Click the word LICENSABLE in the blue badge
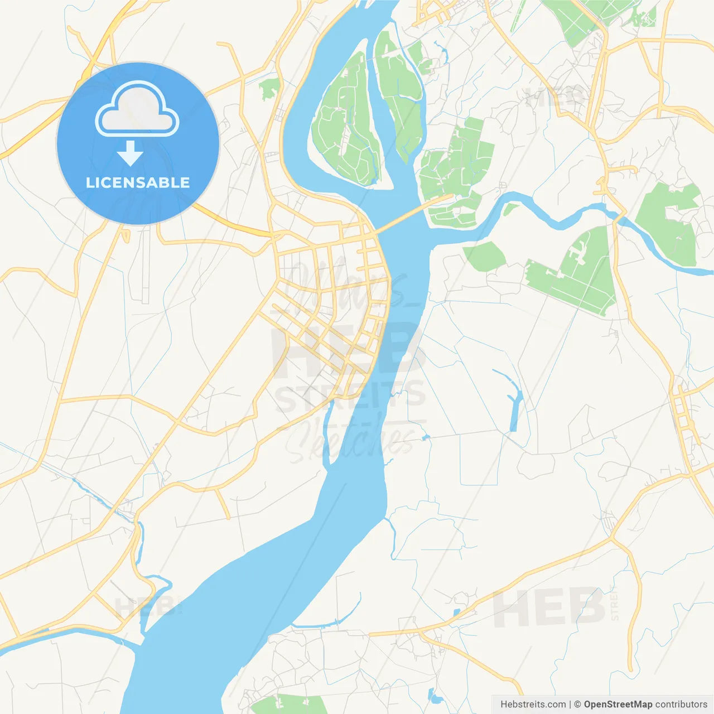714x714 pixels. click(x=138, y=182)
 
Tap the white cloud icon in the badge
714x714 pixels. click(x=137, y=110)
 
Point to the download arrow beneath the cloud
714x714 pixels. click(x=130, y=153)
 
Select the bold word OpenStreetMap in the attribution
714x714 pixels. click(x=617, y=705)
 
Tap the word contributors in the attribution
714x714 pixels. click(x=681, y=705)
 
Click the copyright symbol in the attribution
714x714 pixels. click(x=577, y=705)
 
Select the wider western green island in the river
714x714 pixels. click(x=343, y=126)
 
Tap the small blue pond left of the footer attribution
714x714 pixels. click(x=434, y=696)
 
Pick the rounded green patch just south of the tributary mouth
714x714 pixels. click(x=484, y=257)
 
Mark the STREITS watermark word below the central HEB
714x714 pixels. click(x=350, y=396)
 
